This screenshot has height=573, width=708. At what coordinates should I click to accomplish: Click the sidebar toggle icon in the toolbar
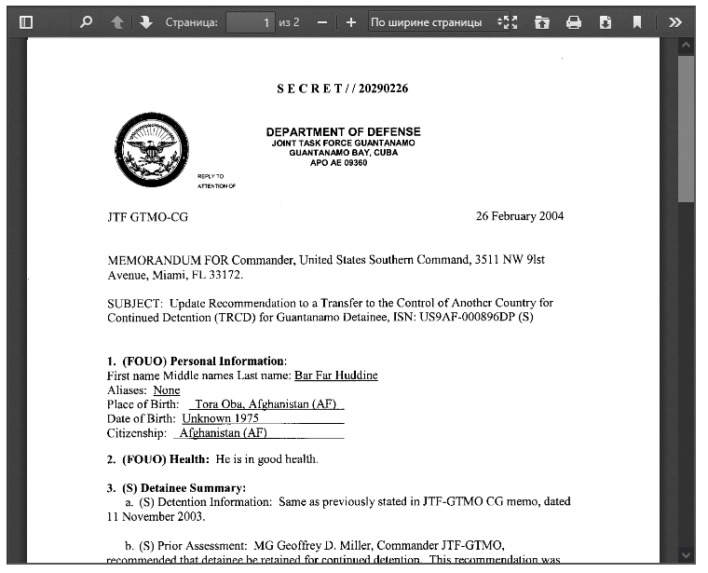point(26,21)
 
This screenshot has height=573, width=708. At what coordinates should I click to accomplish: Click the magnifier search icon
point(87,21)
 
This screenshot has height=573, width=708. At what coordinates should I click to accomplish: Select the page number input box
point(251,21)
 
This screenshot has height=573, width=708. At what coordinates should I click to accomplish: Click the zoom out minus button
point(321,21)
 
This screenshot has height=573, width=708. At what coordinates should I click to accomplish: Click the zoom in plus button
point(350,21)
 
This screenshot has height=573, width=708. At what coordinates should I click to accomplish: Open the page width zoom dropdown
point(439,21)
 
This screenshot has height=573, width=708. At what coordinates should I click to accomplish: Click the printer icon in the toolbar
point(574,21)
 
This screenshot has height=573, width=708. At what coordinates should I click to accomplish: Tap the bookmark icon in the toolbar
point(637,21)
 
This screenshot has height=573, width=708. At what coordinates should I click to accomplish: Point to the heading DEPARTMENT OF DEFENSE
point(343,131)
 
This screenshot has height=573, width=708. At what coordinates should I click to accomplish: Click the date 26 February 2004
point(519,216)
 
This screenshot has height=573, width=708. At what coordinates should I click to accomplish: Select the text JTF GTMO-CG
point(147,217)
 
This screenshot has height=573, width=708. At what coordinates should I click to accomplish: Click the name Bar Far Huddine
point(335,375)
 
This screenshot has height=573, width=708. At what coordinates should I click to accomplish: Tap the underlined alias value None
point(167,390)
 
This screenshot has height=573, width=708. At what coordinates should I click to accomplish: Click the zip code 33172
point(227,275)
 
